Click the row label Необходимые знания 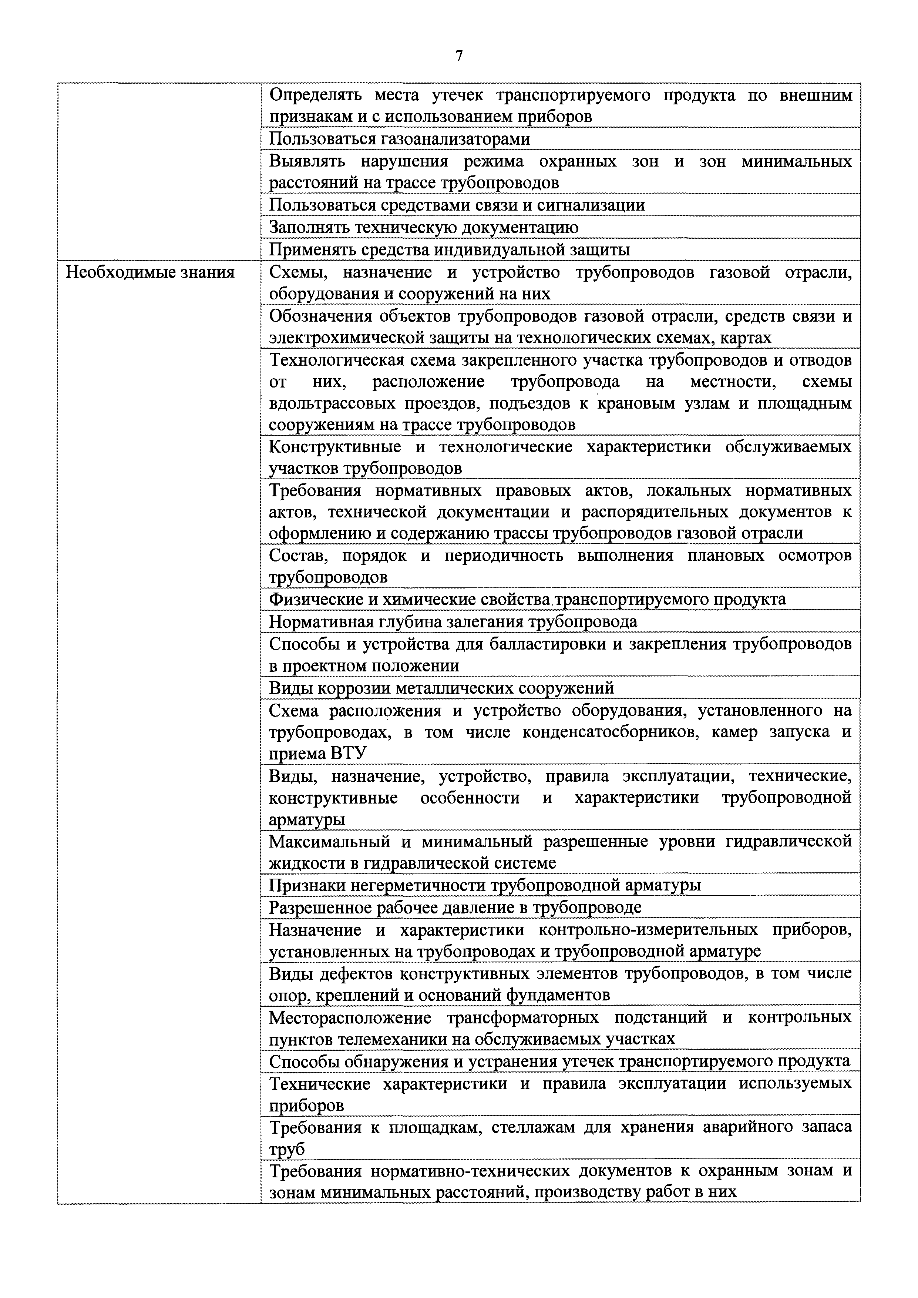tap(150, 272)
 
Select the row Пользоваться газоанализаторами tap(400, 138)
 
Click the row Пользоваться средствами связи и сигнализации tap(457, 205)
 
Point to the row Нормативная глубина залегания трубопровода tap(453, 621)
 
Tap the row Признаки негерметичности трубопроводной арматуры tap(484, 885)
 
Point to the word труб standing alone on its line tap(287, 1149)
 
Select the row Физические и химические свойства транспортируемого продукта tap(527, 599)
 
